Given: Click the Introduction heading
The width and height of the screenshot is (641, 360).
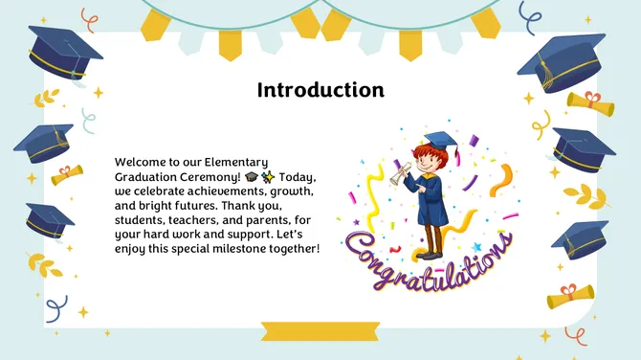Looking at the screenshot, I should [320, 90].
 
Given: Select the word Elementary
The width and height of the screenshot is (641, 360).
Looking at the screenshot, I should [236, 162].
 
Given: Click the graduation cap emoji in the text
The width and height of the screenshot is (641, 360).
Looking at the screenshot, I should [251, 177].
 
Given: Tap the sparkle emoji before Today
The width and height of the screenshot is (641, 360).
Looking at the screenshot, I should [267, 177].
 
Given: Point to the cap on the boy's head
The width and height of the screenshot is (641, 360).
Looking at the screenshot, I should [436, 141].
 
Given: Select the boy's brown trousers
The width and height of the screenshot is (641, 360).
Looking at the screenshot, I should [432, 237].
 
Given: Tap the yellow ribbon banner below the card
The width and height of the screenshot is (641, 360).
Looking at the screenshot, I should [320, 331].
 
